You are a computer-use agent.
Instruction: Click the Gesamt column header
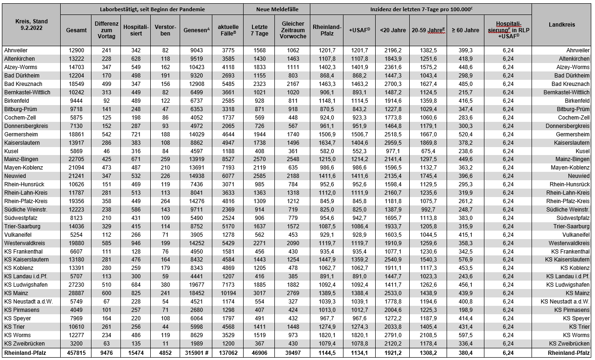pyautogui.click(x=76, y=30)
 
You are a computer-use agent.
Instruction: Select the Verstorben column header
pyautogui.click(x=165, y=30)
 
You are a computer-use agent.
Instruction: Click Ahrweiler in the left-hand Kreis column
pyautogui.click(x=16, y=50)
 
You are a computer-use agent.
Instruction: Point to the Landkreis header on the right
pyautogui.click(x=561, y=25)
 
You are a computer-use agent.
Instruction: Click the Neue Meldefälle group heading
pyautogui.click(x=277, y=9)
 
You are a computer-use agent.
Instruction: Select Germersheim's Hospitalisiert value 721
pyautogui.click(x=135, y=134)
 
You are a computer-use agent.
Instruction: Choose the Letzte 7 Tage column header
pyautogui.click(x=259, y=30)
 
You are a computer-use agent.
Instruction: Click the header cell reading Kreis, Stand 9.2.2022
pyautogui.click(x=31, y=25)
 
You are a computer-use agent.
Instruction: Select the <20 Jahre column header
pyautogui.click(x=392, y=30)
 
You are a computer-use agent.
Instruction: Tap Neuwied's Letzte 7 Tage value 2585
pyautogui.click(x=259, y=176)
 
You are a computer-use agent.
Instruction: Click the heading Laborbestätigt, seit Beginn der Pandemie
pyautogui.click(x=152, y=9)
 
